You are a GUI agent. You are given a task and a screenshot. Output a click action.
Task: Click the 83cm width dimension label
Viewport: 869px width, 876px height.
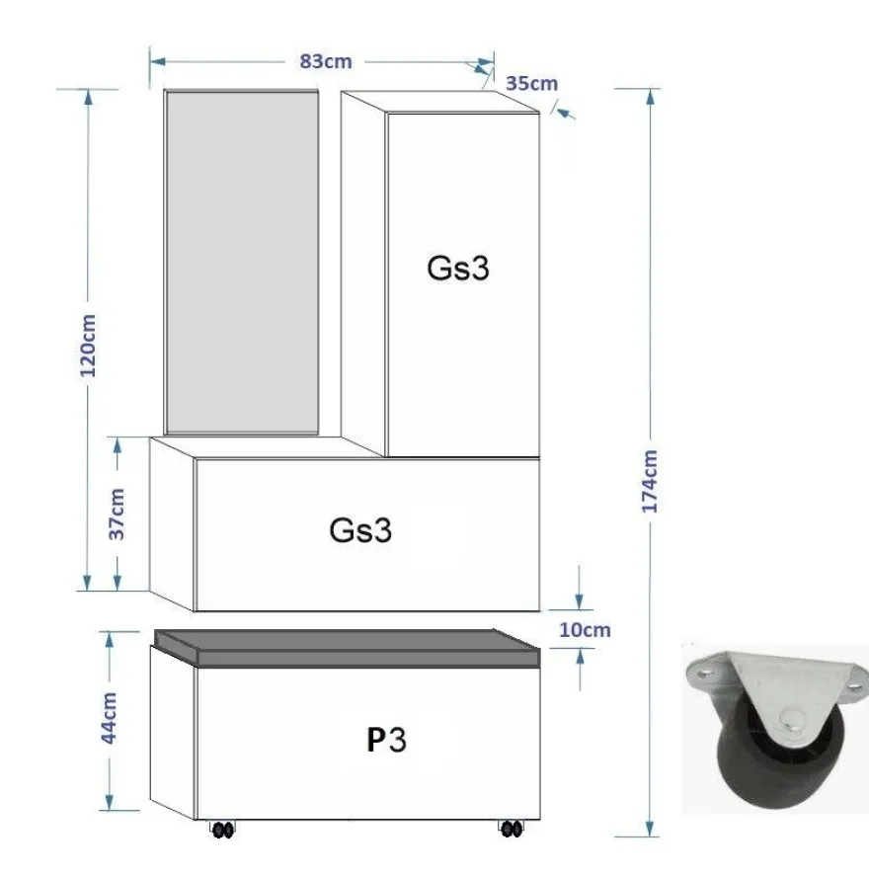[x=326, y=61]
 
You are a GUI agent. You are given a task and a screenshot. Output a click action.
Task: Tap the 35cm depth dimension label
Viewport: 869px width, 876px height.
[x=531, y=83]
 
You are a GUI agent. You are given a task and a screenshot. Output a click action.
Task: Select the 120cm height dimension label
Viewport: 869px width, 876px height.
[x=88, y=346]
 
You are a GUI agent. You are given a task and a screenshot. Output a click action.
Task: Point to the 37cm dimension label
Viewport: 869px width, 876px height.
[x=117, y=514]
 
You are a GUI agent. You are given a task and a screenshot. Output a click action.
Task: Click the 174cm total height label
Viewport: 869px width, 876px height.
[x=650, y=482]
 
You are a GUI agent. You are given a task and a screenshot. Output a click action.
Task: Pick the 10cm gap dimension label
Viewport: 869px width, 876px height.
[x=585, y=630]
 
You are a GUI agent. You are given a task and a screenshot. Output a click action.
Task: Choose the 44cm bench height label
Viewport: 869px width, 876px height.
[x=109, y=718]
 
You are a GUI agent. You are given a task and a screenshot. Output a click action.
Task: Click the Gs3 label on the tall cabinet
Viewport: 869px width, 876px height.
[x=458, y=269]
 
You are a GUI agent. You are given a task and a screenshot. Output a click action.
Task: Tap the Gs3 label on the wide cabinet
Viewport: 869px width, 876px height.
[x=360, y=529]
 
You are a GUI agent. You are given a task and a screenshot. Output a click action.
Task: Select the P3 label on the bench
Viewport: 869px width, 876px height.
[x=386, y=740]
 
